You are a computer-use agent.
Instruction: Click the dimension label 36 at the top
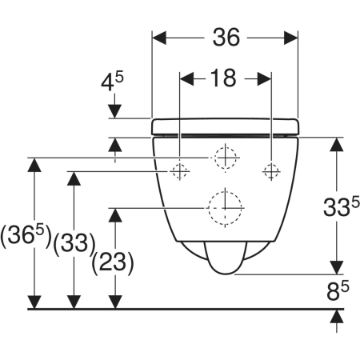[x=226, y=38]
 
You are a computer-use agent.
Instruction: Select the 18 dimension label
[x=223, y=78]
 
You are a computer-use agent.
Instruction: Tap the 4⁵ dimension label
[x=112, y=82]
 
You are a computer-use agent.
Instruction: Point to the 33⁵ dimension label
[x=342, y=206]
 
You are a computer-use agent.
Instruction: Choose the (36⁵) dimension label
[x=26, y=236]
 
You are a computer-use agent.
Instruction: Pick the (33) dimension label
[x=74, y=243]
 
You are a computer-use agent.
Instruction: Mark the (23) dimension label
[x=113, y=263]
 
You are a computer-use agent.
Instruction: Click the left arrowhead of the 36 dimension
[x=159, y=38]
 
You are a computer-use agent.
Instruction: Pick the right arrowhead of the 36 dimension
[x=291, y=38]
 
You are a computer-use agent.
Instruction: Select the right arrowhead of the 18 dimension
[x=265, y=79]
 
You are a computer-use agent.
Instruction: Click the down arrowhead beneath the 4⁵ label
[x=115, y=111]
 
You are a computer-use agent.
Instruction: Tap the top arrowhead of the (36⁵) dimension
[x=34, y=165]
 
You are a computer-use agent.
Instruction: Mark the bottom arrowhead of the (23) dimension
[x=115, y=302]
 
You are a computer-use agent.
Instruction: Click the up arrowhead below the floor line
[x=337, y=317]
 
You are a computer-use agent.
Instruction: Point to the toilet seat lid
[x=226, y=126]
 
